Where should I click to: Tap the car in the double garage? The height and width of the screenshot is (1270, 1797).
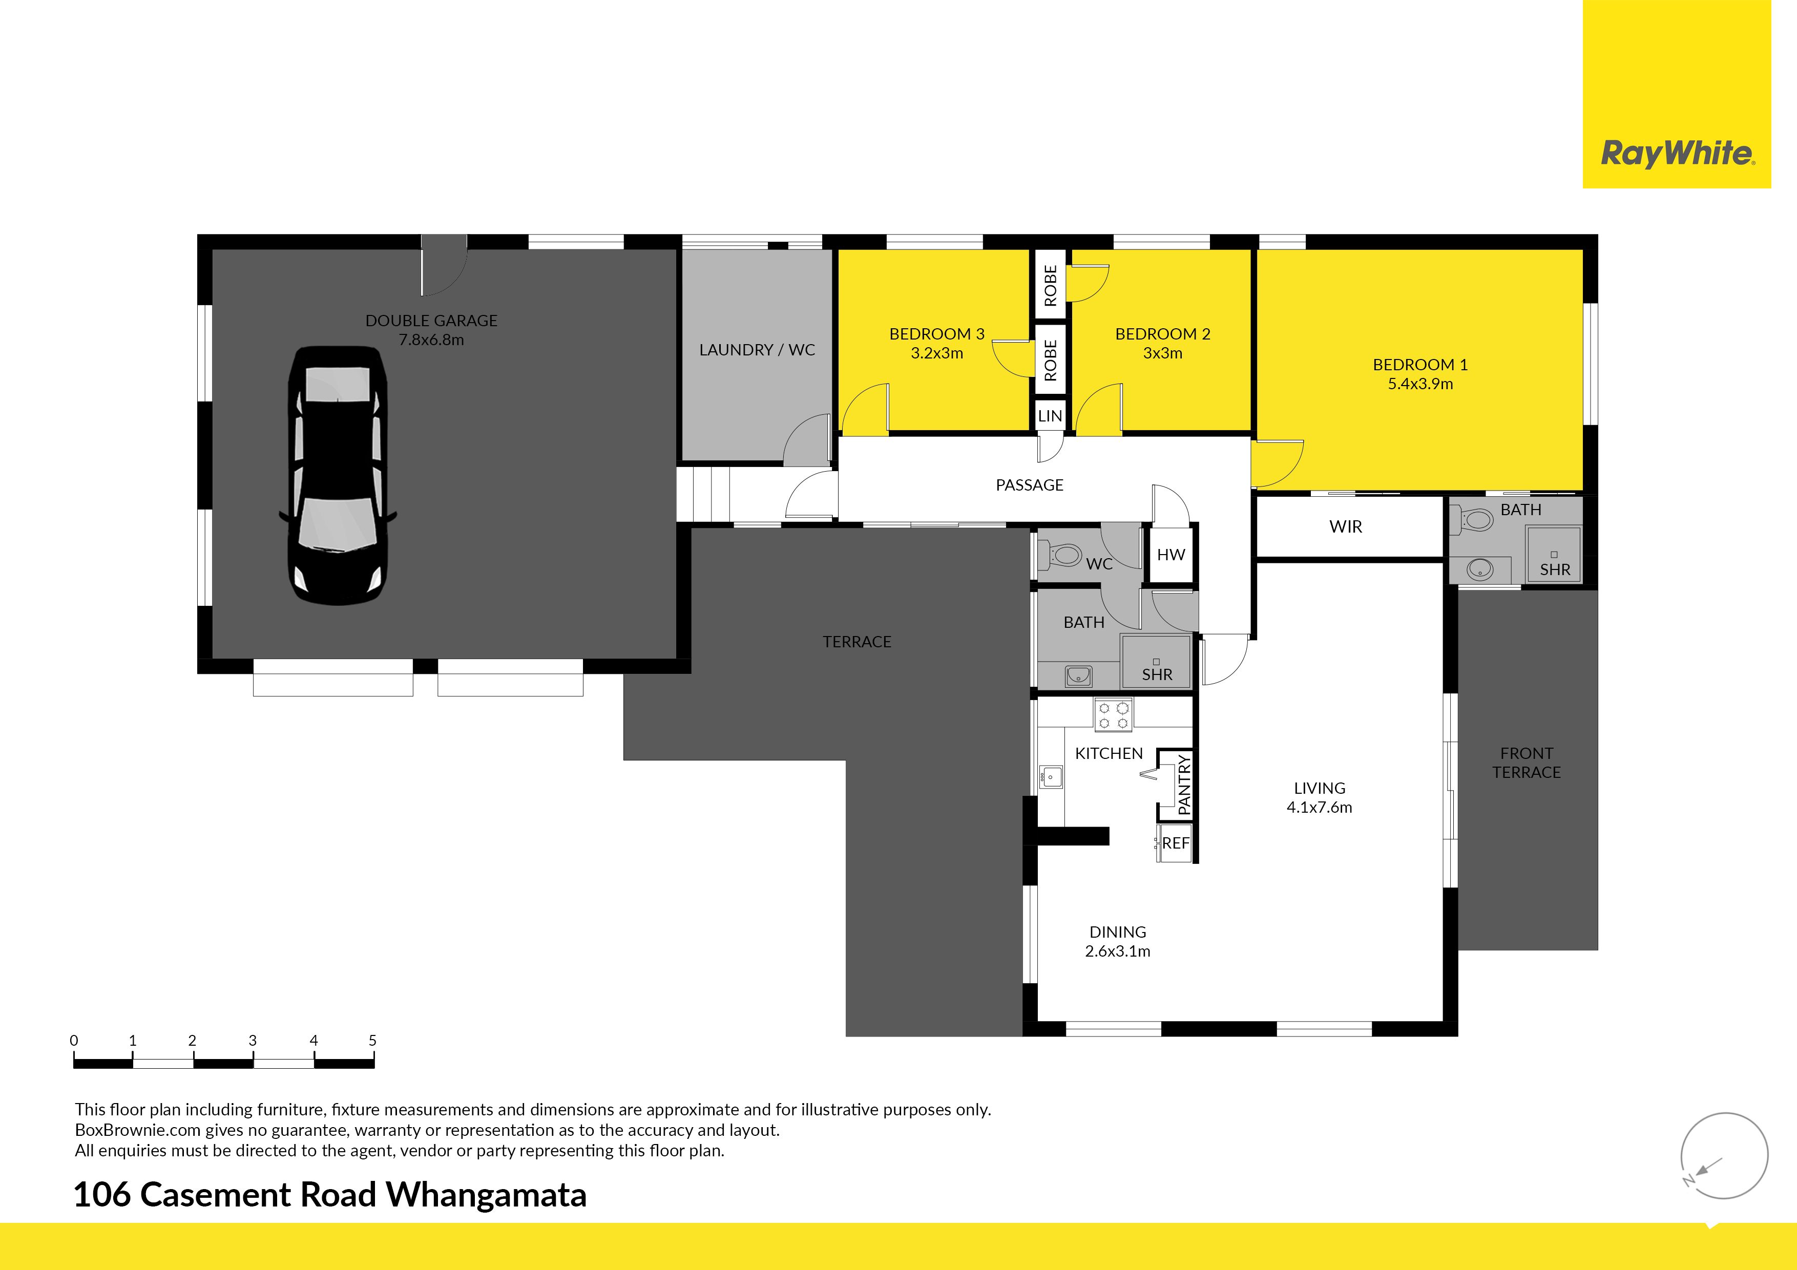pyautogui.click(x=338, y=476)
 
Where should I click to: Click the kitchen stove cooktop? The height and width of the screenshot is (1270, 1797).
pyautogui.click(x=1113, y=714)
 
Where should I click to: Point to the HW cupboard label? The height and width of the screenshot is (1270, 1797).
pyautogui.click(x=1171, y=555)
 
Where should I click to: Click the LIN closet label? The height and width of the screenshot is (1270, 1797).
pyautogui.click(x=1050, y=416)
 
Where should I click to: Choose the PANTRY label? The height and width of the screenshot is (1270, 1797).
pyautogui.click(x=1183, y=785)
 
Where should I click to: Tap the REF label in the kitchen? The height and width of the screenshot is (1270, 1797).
pyautogui.click(x=1176, y=843)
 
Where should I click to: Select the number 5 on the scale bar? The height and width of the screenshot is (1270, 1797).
pyautogui.click(x=372, y=1041)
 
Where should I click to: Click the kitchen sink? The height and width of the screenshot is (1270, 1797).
pyautogui.click(x=1050, y=777)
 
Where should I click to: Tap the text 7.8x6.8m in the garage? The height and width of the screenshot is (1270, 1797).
pyautogui.click(x=431, y=340)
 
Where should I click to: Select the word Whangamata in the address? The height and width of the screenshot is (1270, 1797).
pyautogui.click(x=486, y=1195)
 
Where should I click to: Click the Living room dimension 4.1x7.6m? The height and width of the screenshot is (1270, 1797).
pyautogui.click(x=1320, y=808)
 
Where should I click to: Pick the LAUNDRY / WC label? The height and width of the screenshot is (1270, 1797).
pyautogui.click(x=757, y=350)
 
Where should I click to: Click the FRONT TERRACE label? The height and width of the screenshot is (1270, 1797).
pyautogui.click(x=1526, y=763)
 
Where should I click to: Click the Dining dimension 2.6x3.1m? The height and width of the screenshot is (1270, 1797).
pyautogui.click(x=1118, y=951)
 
